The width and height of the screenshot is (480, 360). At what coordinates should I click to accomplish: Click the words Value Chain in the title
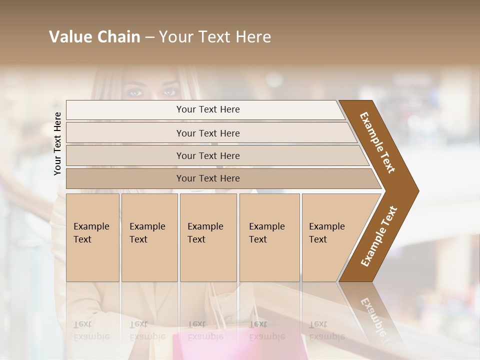click(x=94, y=37)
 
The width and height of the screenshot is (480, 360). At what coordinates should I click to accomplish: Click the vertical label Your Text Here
click(x=57, y=143)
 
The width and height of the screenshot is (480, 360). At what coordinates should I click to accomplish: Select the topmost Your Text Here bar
click(x=207, y=109)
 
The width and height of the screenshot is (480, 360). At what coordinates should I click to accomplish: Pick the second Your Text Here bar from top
click(x=207, y=133)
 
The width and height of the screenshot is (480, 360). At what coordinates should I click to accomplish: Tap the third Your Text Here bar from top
click(x=207, y=155)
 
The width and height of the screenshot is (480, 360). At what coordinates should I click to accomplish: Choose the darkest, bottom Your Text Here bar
click(x=207, y=178)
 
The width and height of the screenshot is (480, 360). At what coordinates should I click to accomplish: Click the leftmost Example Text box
click(x=92, y=237)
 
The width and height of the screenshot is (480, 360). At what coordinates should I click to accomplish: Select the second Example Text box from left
click(x=149, y=237)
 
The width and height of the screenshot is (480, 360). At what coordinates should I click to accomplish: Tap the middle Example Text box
click(x=208, y=237)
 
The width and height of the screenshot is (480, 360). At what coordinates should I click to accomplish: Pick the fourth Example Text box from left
click(x=269, y=237)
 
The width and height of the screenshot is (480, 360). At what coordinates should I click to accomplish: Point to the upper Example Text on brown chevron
click(x=377, y=142)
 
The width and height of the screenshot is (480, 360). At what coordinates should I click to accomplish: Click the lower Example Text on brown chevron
click(x=378, y=236)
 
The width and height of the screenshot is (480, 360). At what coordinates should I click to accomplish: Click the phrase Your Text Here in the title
click(x=215, y=37)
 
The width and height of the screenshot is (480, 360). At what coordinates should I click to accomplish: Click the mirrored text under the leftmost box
click(x=90, y=330)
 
